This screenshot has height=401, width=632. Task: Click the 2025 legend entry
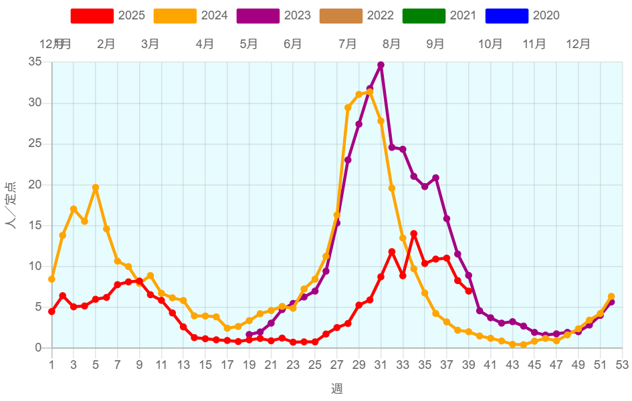coord(107,15)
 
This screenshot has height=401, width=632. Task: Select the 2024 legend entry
coord(190,15)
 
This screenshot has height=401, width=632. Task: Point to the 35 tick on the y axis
coord(35,62)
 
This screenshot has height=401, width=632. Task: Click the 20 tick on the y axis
coord(35,184)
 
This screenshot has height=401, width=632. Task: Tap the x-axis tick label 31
coord(381,365)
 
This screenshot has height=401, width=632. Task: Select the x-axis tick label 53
coord(622,365)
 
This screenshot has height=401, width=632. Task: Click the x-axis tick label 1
coord(51,365)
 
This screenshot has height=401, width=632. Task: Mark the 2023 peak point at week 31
coord(381,65)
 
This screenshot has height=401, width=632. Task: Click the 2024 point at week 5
coord(96,188)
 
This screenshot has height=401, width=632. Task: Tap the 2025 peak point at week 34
coord(413,233)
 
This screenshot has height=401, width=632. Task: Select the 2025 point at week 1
coord(51,311)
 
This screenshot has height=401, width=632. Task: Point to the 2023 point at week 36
coord(435,178)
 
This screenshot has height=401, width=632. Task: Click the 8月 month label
coord(392,44)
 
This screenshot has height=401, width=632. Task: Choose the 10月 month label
coord(490,44)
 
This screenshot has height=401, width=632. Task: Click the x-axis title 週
coord(336,388)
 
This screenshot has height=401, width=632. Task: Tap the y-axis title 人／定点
coord(12,205)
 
